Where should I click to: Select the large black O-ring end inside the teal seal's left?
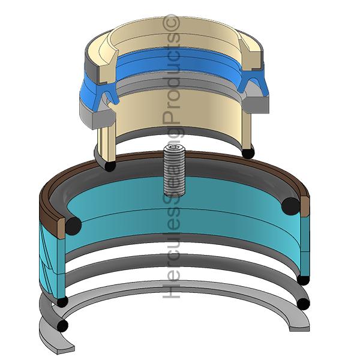tap(73, 225)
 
